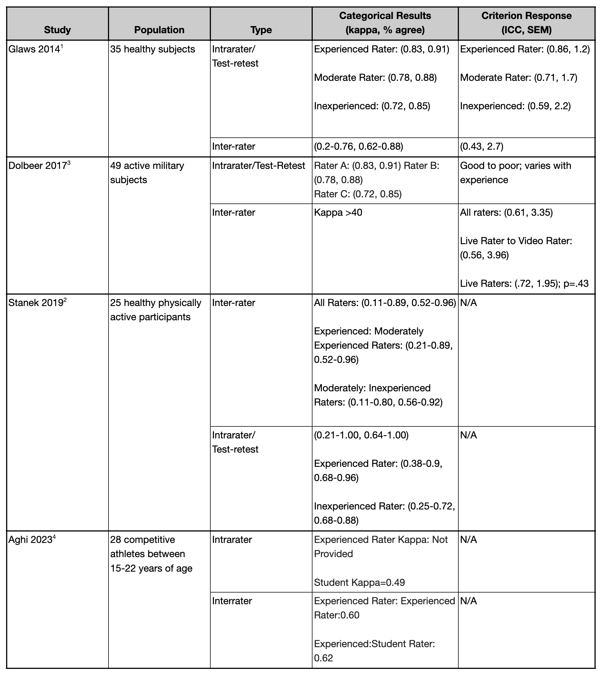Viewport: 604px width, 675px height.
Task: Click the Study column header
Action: click(x=57, y=30)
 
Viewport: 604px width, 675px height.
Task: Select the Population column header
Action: click(x=159, y=30)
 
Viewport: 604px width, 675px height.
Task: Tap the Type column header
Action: click(x=261, y=30)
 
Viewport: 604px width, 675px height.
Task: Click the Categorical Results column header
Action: click(x=385, y=23)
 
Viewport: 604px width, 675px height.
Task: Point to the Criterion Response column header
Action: click(x=526, y=23)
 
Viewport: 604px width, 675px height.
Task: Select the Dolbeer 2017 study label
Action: click(x=37, y=166)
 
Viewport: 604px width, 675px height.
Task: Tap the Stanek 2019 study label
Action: click(x=35, y=303)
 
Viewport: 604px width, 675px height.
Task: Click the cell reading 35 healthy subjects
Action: click(x=153, y=49)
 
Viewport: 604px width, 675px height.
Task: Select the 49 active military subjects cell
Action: click(x=147, y=173)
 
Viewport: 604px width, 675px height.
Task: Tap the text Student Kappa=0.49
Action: click(x=359, y=582)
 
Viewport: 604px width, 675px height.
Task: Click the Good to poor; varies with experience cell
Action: click(x=515, y=173)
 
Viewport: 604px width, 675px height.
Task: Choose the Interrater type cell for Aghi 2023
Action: click(x=232, y=601)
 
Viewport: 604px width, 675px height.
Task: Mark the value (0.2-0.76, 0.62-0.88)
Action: click(x=358, y=146)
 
